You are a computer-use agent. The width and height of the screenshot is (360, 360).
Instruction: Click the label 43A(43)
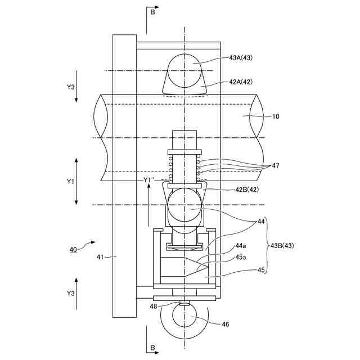(x=241, y=57)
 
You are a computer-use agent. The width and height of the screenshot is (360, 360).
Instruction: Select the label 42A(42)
(x=241, y=82)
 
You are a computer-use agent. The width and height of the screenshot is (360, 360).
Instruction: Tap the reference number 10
(x=276, y=116)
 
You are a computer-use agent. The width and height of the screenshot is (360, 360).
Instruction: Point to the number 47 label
(x=276, y=165)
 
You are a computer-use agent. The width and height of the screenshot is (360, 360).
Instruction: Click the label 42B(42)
(x=247, y=190)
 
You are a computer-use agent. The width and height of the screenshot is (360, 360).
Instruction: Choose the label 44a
(x=240, y=246)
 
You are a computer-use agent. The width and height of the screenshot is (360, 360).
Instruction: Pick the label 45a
(x=240, y=258)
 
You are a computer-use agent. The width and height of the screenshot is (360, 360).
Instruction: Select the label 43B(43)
(x=282, y=246)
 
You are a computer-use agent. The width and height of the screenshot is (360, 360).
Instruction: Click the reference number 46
(x=225, y=324)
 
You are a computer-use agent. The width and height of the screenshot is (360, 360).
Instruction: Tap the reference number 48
(x=154, y=306)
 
